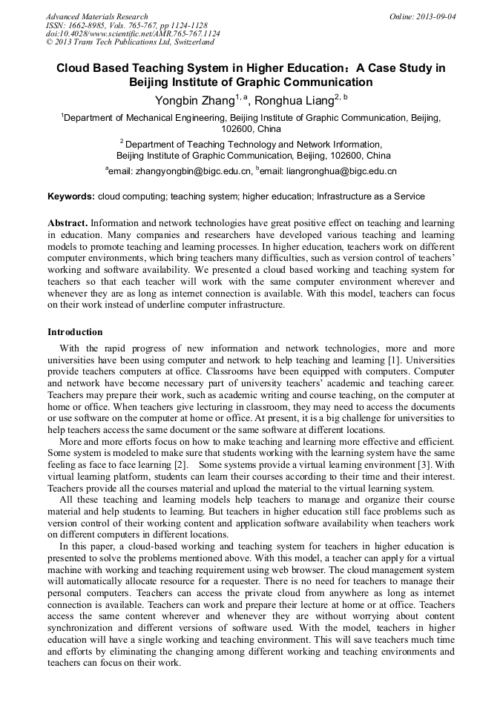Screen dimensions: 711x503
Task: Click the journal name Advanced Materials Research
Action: tap(97, 16)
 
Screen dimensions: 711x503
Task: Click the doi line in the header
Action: tap(133, 34)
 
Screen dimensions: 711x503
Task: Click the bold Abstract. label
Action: tap(68, 223)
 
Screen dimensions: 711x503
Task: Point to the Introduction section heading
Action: tap(75, 331)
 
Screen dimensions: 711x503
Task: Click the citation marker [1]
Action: tap(389, 360)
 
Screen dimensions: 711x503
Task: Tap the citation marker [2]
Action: tap(179, 463)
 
